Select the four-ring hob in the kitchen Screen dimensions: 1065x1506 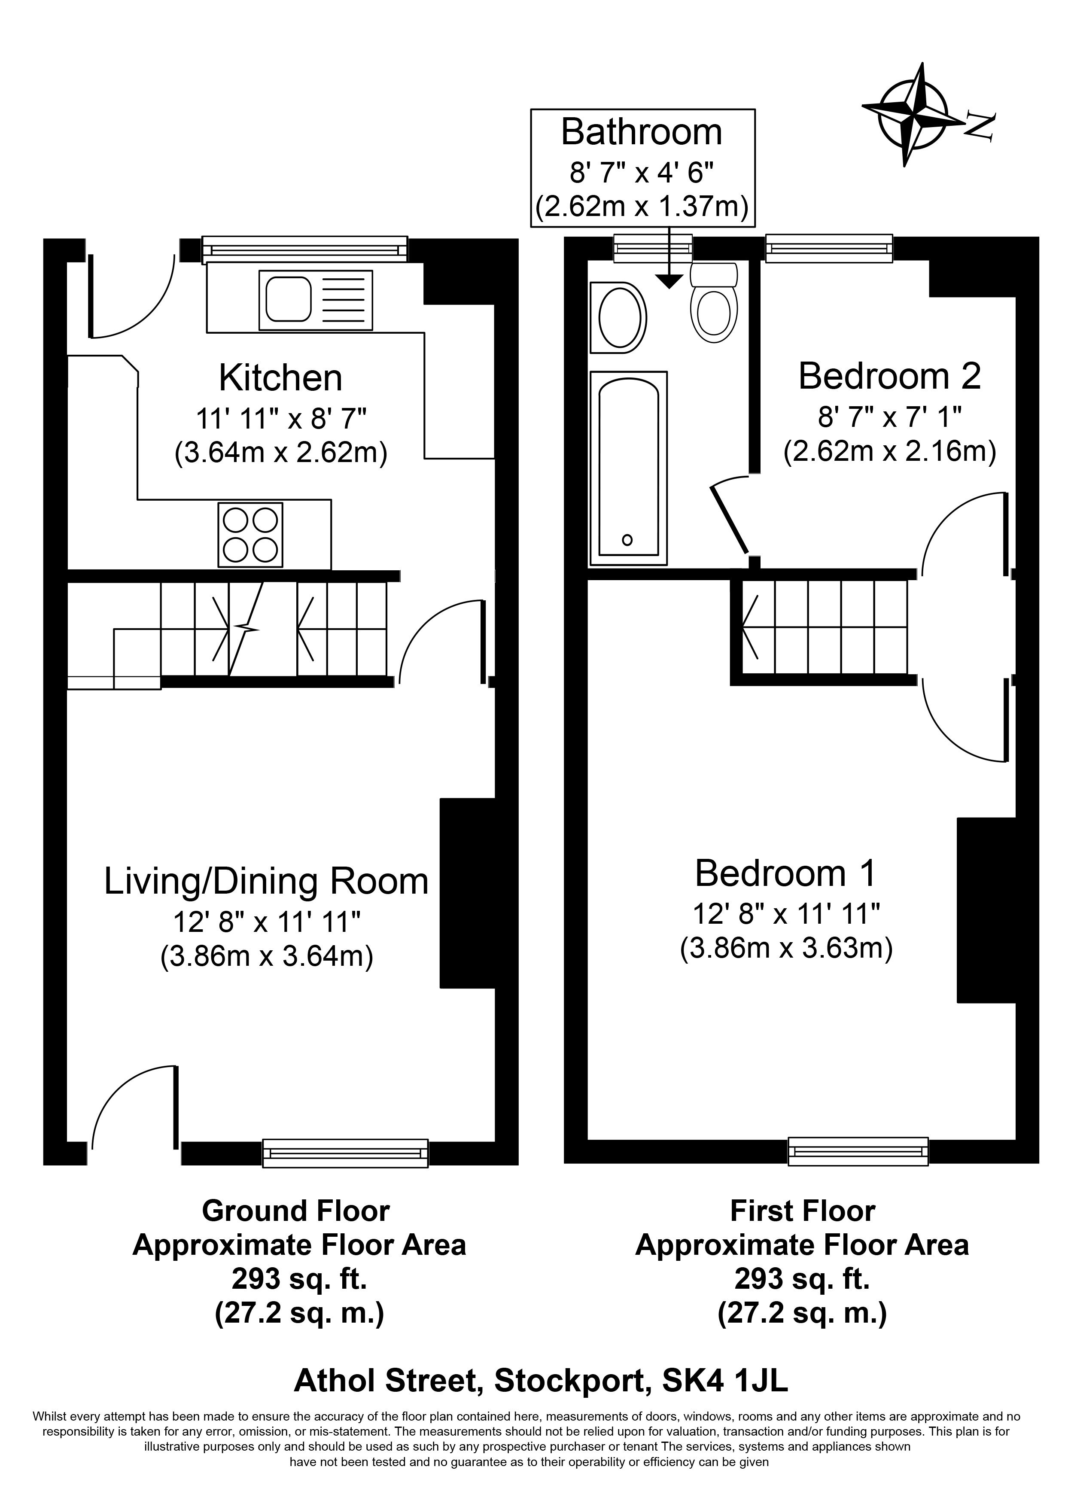(250, 535)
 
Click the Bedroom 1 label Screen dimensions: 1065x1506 (785, 873)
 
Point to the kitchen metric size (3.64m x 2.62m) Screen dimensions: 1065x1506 (281, 453)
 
